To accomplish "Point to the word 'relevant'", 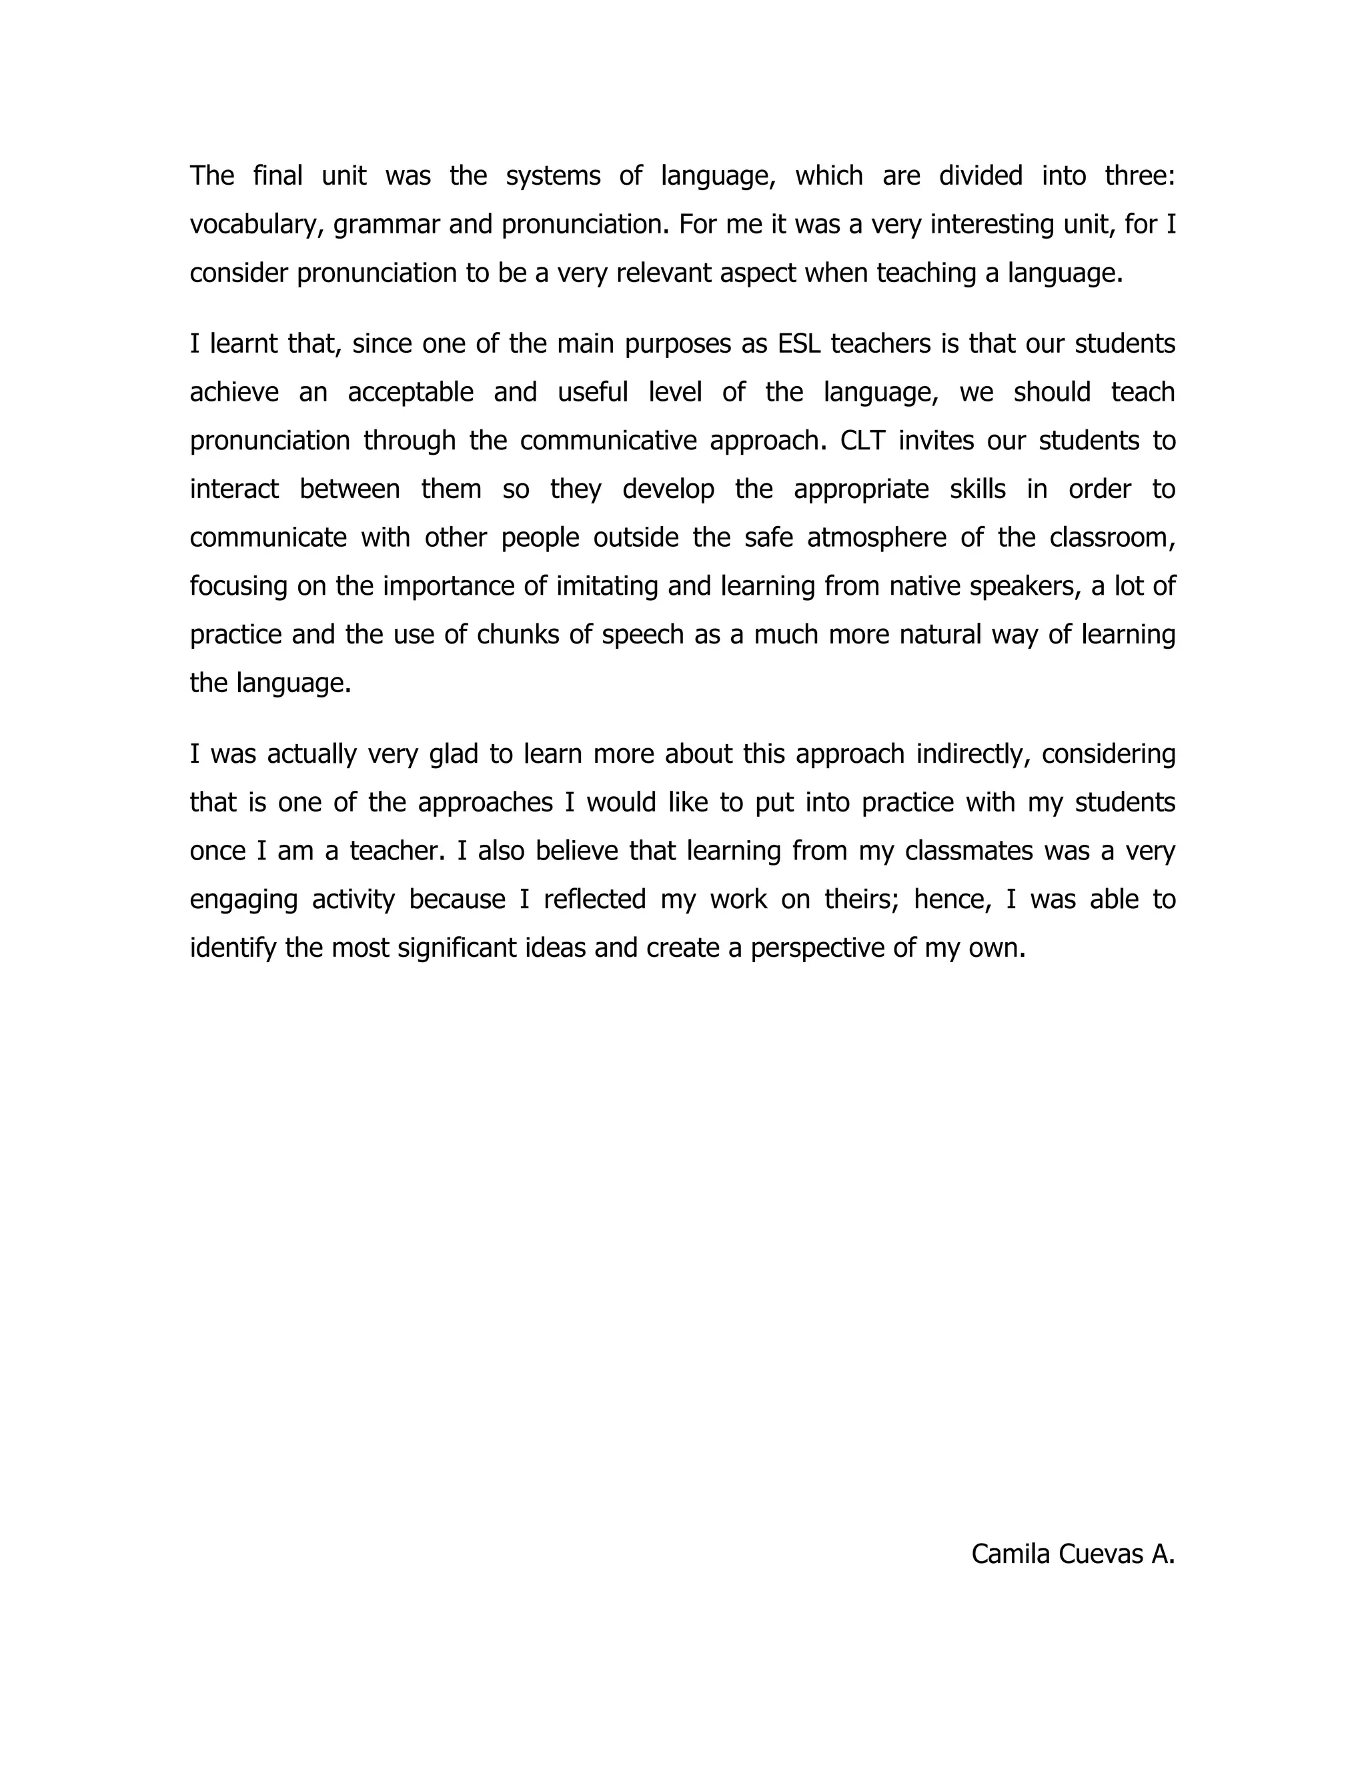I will (x=664, y=273).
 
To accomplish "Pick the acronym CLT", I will (x=862, y=441).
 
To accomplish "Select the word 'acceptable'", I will (x=410, y=392).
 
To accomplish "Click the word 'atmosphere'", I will (x=876, y=538).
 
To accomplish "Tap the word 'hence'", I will (x=952, y=900).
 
